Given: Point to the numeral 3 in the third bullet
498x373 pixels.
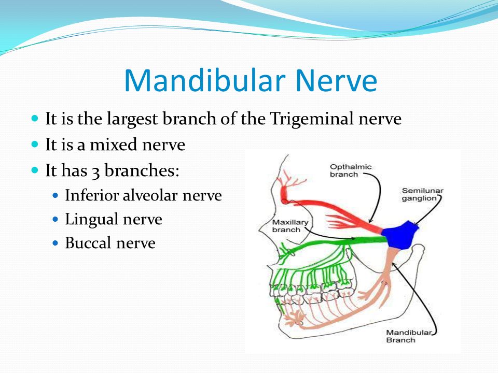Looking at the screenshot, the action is (95, 172).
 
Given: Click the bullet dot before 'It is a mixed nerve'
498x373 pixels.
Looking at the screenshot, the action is (35, 145).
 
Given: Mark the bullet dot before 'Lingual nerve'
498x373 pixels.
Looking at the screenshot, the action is (56, 219).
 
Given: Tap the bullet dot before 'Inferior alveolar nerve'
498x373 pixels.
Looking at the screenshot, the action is (56, 195).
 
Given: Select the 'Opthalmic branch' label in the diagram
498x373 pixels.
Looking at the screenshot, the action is (350, 170).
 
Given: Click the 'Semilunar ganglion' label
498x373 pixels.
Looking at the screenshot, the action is (422, 194).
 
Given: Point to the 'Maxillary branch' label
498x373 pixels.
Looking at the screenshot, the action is (290, 226).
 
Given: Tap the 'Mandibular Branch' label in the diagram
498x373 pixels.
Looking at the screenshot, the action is (409, 336).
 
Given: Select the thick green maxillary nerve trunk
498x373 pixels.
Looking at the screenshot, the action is (334, 242).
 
